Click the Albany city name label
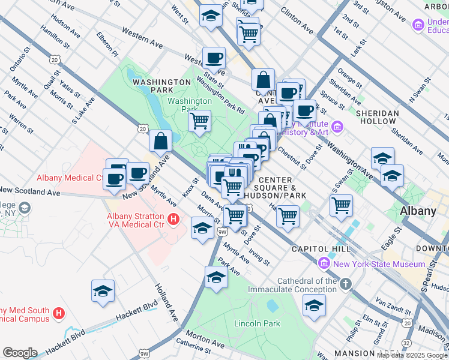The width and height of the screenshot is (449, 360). (x=418, y=211)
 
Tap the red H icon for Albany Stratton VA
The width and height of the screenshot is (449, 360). (x=174, y=220)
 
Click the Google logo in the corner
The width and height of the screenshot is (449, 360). (x=20, y=353)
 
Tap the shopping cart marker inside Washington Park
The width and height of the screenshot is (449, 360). (x=199, y=121)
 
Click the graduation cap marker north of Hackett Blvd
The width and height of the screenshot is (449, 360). (x=103, y=291)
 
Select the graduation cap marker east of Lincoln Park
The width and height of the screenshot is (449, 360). (x=314, y=305)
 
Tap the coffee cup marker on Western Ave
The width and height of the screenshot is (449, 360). (x=214, y=58)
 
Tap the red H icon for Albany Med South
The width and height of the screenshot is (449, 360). (x=59, y=313)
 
